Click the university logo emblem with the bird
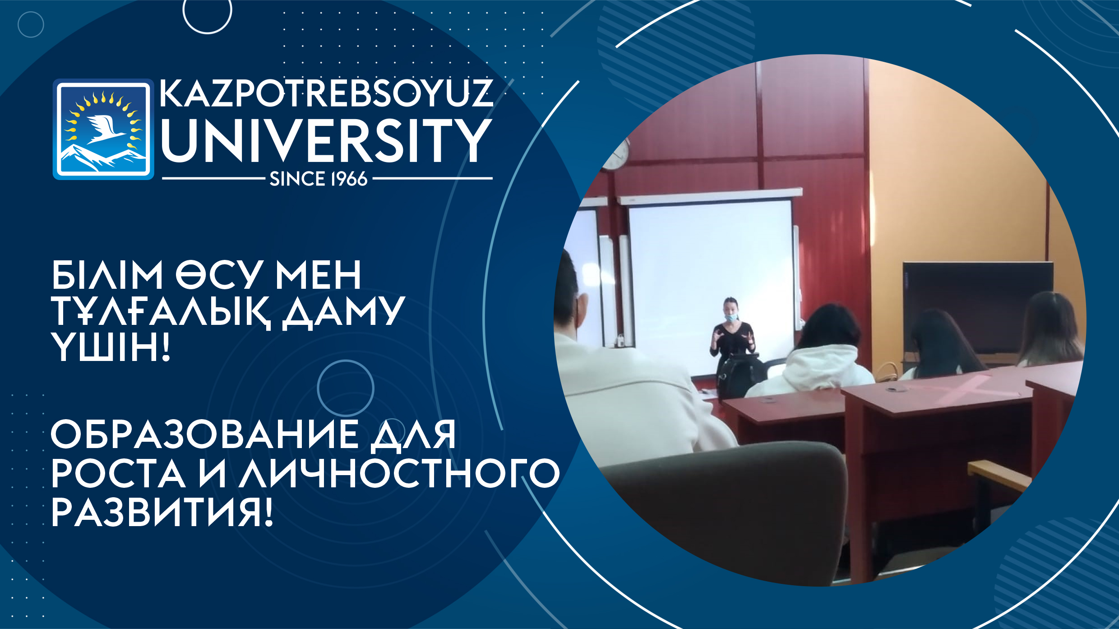pos(103,129)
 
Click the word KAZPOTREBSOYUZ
pos(326,94)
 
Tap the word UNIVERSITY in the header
pos(326,140)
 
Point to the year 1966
pos(349,179)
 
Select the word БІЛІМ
pos(107,275)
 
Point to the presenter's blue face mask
pos(731,317)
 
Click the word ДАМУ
pos(343,311)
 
